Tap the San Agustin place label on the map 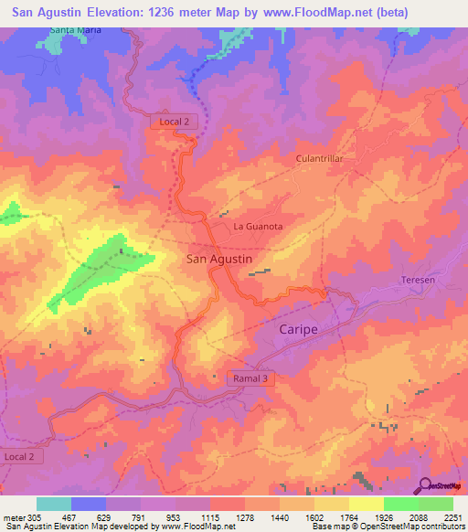pos(219,260)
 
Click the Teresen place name pos(418,280)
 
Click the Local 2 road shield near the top pos(174,122)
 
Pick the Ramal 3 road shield pos(250,378)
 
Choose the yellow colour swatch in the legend pos(366,504)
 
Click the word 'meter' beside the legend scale pos(12,516)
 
